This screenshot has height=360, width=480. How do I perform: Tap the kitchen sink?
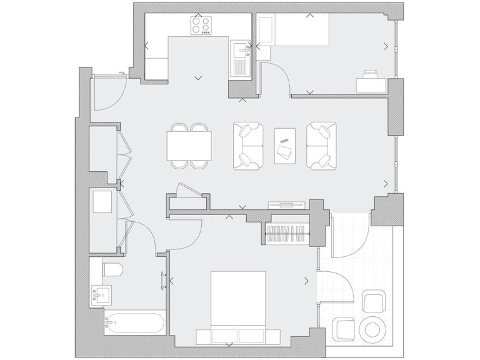(239, 51)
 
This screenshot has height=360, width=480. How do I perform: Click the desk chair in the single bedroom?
(371, 74)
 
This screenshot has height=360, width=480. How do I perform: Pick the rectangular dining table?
(189, 146)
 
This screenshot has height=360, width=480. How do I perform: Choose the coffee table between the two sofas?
(285, 146)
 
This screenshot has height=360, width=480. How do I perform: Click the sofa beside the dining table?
(248, 146)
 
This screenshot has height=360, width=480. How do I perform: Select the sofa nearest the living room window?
(321, 146)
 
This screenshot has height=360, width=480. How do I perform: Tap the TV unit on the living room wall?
(286, 204)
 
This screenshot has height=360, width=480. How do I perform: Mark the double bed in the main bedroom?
(237, 306)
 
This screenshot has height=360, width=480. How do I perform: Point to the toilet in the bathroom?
(113, 269)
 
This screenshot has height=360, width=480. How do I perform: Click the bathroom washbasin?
(101, 294)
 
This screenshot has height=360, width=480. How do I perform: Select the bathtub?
(134, 322)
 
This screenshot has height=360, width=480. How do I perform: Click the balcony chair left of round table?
(344, 329)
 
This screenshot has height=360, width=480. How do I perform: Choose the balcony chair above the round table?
(374, 302)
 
